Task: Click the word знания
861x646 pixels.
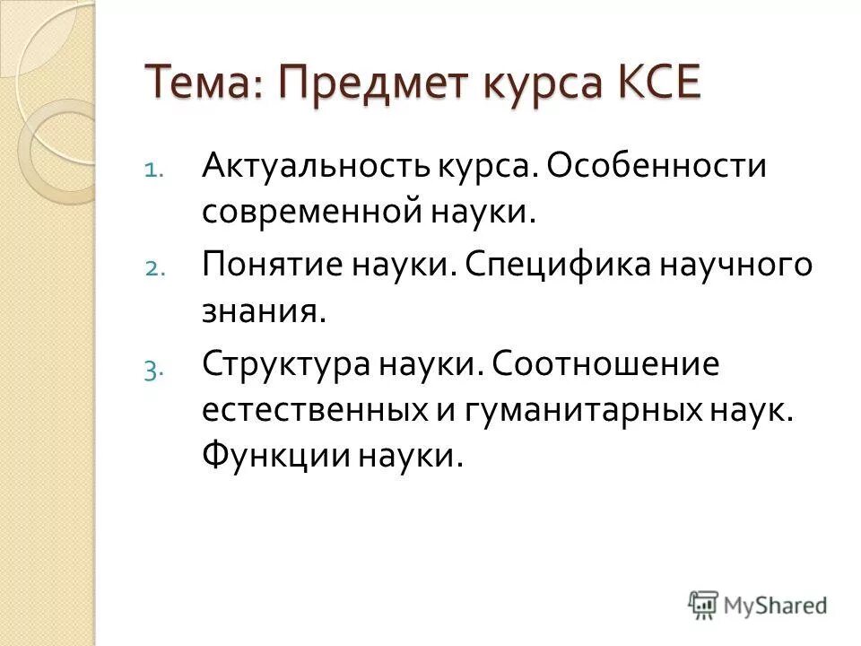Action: [260, 313]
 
